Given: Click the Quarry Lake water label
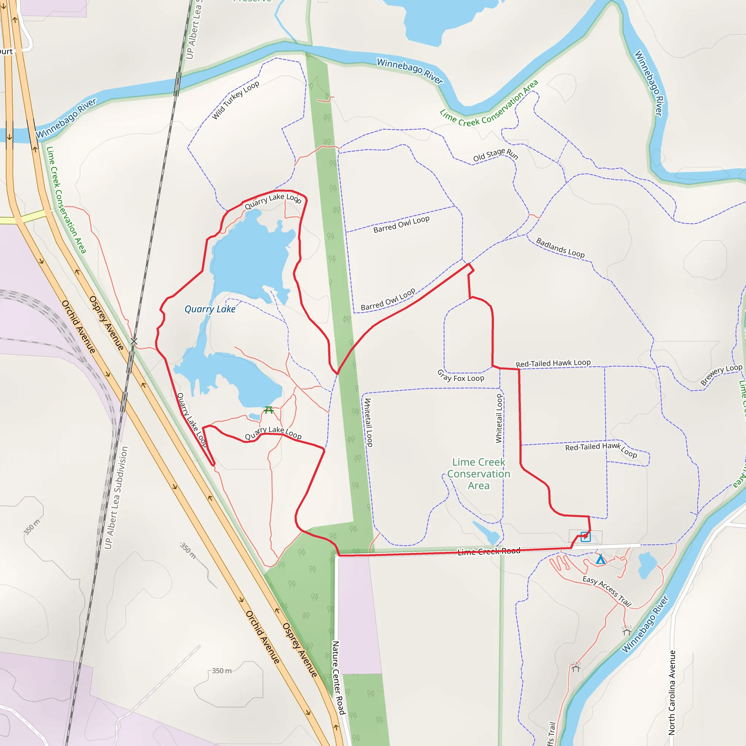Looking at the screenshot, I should [210, 309].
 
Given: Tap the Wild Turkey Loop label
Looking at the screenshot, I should [235, 101].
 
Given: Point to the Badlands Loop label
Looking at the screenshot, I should [560, 248].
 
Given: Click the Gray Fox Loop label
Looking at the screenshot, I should [460, 376].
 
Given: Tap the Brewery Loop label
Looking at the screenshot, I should [721, 374].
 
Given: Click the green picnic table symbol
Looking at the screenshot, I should [269, 410].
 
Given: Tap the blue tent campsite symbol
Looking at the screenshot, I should [600, 559].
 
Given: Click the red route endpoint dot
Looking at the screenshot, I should [586, 536].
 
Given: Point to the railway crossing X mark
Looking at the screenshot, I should [134, 341].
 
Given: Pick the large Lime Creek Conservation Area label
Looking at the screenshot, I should [479, 474].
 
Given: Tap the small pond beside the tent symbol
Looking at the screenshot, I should [647, 565].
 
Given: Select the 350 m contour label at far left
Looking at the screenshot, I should [32, 527].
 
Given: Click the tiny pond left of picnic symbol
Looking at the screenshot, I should [254, 416].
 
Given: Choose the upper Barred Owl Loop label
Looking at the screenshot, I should [401, 224].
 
